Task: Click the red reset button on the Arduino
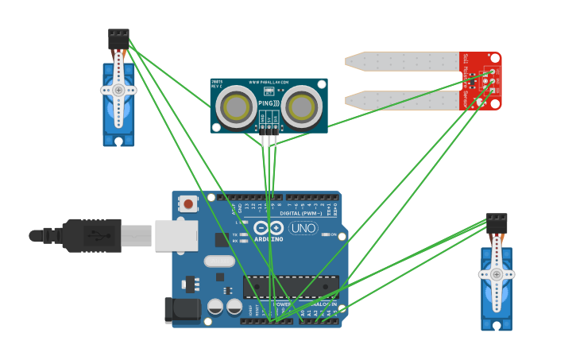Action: coord(188,204)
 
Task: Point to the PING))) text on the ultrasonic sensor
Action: coord(269,103)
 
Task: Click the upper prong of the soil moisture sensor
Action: coord(401,61)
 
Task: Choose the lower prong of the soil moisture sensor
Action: coord(401,100)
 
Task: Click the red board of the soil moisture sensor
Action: coord(481,80)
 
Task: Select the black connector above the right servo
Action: coord(497,223)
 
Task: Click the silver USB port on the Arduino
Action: coord(176,235)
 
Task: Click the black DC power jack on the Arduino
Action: coord(182,311)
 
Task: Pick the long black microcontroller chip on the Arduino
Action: coord(292,286)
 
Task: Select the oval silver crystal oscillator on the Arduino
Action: coord(219,261)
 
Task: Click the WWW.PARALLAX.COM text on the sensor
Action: coord(269,82)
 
